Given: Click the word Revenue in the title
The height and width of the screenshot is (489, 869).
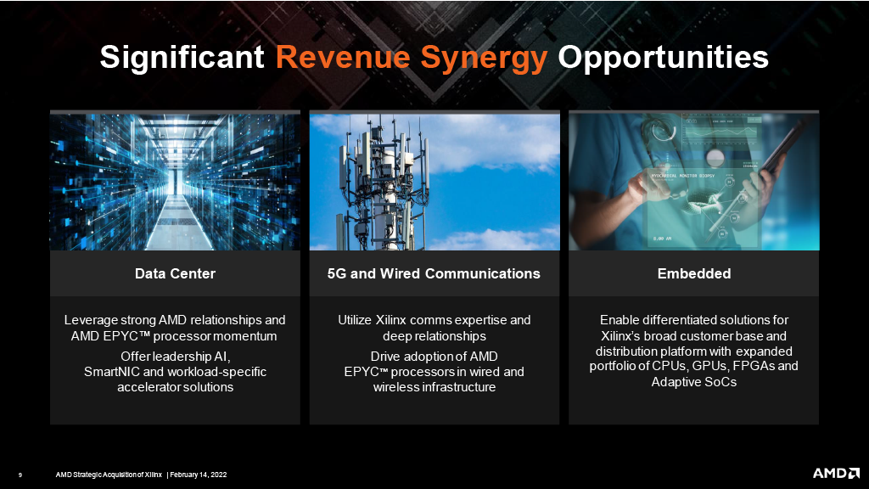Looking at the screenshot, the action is coord(343,57).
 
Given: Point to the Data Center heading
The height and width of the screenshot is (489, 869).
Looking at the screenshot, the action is coord(175,273).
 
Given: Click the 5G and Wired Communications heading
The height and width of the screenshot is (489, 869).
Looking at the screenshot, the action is coord(434,273).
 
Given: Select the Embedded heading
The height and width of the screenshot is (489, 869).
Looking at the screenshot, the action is coord(694,273).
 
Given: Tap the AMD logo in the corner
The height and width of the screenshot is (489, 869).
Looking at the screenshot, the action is coord(836,473).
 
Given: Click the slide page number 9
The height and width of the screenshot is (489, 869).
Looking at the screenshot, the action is coord(20,475).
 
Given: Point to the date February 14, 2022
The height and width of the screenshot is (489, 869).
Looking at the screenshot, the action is coord(199,475).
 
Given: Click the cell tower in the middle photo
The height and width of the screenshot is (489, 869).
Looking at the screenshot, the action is coord(383,183).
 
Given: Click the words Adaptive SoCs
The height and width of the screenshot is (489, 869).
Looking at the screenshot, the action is coord(694,382).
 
